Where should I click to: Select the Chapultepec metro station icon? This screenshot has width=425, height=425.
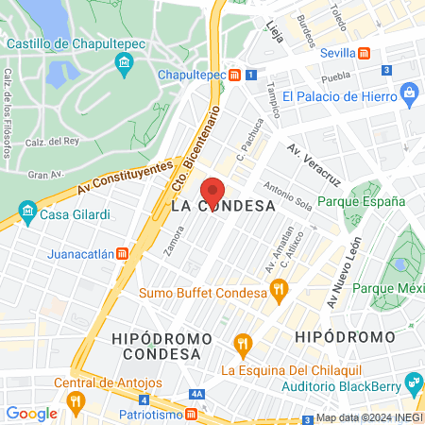(x=234, y=75)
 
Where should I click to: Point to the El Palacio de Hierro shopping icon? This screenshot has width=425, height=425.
(x=409, y=95)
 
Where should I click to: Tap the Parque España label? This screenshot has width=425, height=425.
(x=361, y=201)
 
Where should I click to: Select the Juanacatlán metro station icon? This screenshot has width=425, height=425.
(x=122, y=253)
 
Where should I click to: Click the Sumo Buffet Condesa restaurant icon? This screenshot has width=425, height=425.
(x=277, y=293)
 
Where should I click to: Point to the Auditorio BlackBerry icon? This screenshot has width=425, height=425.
(x=413, y=383)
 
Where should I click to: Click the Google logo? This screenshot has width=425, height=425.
(x=31, y=413)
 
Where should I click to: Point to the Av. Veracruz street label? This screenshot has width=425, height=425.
(x=314, y=162)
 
